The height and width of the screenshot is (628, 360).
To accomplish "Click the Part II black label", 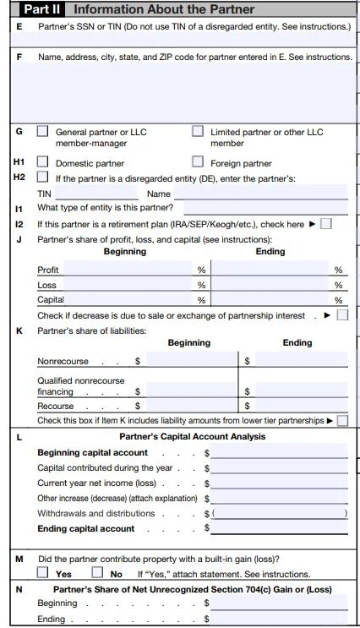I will tap(41, 9).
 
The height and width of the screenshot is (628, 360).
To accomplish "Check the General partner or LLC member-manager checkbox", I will tap(42, 132).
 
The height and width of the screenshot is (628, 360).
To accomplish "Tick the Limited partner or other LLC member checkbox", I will tap(198, 132).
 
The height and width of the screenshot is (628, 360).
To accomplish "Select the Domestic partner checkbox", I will tap(42, 162).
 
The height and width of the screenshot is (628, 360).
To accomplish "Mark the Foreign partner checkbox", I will tap(198, 162).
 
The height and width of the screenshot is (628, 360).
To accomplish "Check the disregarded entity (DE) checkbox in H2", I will tap(42, 177).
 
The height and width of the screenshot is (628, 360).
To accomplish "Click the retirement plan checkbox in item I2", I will tap(326, 224).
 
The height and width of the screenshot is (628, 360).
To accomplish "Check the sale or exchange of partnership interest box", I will tap(342, 315).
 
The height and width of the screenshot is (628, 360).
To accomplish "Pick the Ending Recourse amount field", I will tap(300, 407).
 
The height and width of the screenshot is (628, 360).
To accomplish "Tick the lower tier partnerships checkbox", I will tap(342, 420).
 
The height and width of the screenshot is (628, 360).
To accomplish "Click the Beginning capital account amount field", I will tap(279, 453).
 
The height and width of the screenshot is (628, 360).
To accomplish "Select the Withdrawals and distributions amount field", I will tap(279, 514).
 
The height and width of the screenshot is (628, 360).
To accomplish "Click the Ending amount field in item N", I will tap(279, 619).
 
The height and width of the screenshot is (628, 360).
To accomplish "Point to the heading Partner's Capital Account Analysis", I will tap(192, 437).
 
